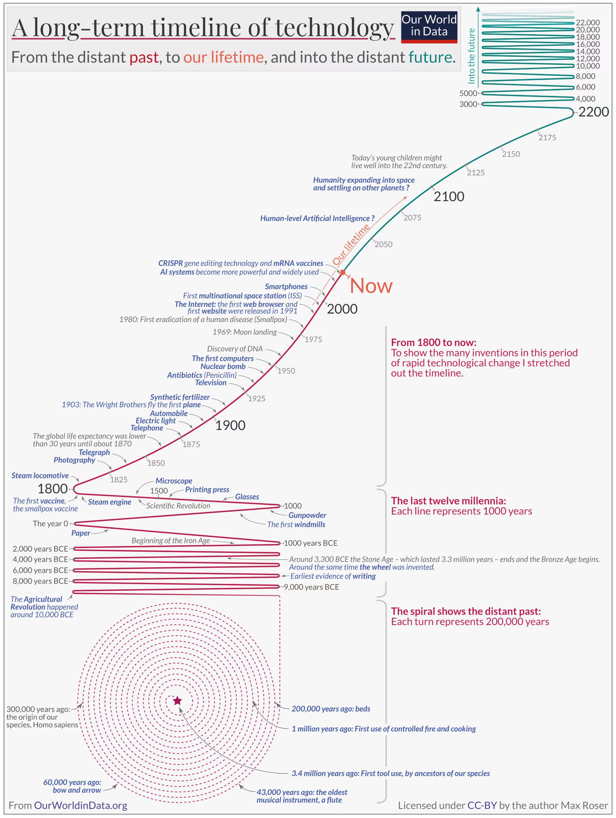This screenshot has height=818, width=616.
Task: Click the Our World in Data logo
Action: [429, 27]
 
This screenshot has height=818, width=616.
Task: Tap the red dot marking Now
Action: [343, 272]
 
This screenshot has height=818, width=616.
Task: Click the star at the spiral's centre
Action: [178, 701]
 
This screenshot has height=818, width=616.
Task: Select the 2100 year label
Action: [449, 197]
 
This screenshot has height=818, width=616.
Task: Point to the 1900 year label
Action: [230, 425]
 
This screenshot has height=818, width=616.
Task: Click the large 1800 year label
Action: [53, 489]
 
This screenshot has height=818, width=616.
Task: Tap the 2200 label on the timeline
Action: [593, 112]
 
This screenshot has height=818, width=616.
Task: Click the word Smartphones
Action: [286, 287]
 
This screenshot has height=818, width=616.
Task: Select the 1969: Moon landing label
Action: [244, 332]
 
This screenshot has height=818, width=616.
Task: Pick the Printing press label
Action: [207, 490]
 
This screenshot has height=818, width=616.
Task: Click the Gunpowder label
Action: [307, 515]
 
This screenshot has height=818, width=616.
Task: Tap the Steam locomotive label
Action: [40, 475]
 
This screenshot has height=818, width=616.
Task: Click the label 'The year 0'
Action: [50, 524]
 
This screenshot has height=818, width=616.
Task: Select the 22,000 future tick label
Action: [588, 22]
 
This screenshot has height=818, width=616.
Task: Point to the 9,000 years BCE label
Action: [311, 587]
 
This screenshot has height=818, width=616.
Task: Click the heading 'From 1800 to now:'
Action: [433, 343]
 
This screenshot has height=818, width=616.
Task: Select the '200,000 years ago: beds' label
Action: [331, 709]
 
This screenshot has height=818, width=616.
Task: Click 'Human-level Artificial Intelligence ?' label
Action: [317, 219]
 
